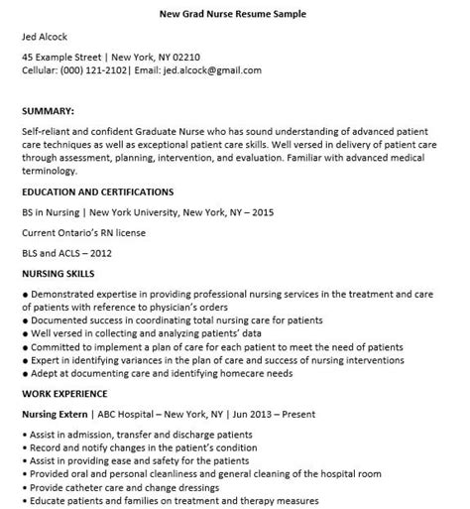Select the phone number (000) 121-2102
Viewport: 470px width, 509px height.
tap(95, 70)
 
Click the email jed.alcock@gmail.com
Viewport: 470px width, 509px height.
tap(212, 70)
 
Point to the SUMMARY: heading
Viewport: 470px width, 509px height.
tap(53, 111)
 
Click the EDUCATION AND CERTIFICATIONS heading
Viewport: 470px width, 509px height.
tap(97, 191)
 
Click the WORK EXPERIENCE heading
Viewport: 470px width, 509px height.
tap(64, 395)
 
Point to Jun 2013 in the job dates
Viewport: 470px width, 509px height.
tap(304, 415)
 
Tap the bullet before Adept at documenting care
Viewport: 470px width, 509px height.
tap(25, 374)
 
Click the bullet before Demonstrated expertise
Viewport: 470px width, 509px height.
tap(25, 294)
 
